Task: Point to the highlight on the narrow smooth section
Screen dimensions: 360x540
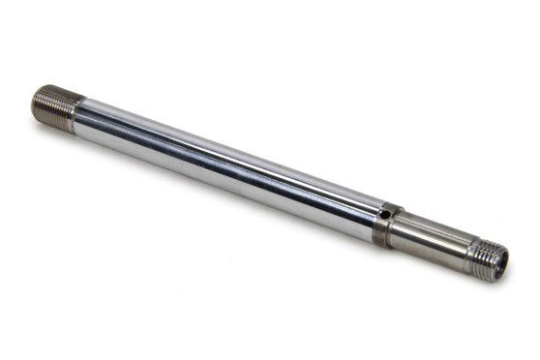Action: [426, 230]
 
